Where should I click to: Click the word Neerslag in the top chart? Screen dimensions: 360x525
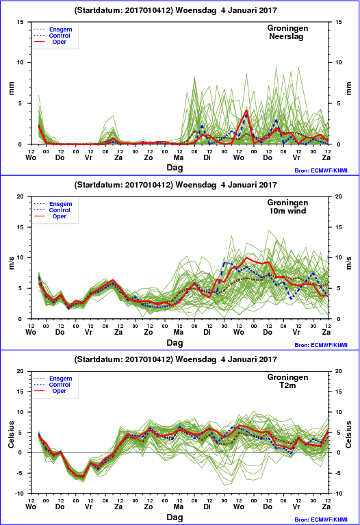click(286, 36)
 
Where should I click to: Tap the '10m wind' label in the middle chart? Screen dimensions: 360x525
click(287, 211)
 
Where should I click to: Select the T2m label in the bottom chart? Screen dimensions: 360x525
click(287, 385)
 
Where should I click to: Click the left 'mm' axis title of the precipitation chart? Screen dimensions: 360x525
click(12, 88)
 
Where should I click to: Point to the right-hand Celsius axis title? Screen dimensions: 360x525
click(348, 434)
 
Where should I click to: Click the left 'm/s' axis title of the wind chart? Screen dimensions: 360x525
click(12, 263)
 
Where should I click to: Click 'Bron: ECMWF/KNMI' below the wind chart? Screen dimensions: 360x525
click(321, 345)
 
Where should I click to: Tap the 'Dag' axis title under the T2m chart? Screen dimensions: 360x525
click(175, 517)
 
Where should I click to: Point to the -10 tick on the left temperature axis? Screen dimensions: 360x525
click(21, 494)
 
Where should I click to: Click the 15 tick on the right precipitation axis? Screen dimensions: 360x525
click(339, 22)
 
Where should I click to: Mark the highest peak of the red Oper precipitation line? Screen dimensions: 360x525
click(246, 110)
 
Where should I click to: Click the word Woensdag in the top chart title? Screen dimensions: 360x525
click(196, 10)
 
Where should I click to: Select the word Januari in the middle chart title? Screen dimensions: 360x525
click(243, 185)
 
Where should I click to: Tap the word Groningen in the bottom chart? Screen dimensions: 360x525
click(287, 377)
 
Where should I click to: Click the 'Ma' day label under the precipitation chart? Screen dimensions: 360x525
click(179, 157)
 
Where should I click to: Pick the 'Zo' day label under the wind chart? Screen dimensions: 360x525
click(149, 332)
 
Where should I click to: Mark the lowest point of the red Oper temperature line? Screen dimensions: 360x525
click(83, 476)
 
